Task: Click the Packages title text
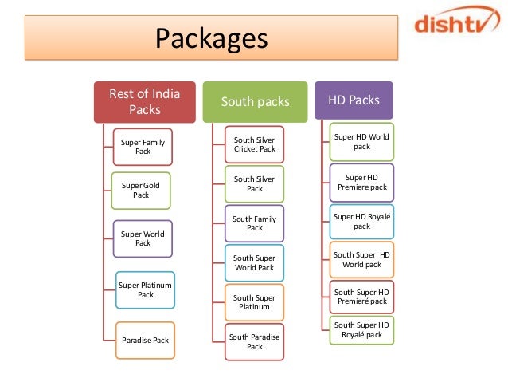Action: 211,37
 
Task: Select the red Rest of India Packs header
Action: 145,102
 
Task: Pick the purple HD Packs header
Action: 354,100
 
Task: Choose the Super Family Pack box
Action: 143,147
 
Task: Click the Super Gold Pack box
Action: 141,190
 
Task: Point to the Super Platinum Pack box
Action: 145,289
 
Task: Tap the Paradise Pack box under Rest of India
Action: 145,340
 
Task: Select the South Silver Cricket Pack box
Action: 255,144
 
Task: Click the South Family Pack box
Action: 255,223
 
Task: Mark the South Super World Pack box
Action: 253,263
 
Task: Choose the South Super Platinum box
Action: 253,302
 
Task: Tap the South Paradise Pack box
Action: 255,341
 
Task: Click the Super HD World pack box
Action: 361,141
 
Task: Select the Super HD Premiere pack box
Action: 361,182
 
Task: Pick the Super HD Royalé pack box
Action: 361,221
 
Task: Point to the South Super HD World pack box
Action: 361,259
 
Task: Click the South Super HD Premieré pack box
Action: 361,297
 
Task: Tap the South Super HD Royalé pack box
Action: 361,329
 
